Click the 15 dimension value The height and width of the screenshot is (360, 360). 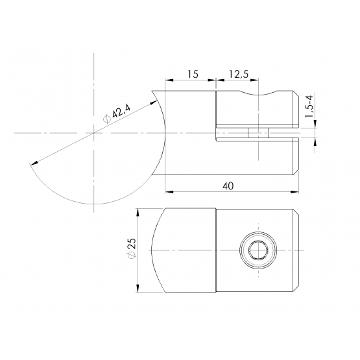pyautogui.click(x=193, y=74)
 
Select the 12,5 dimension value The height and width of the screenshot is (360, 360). pyautogui.click(x=239, y=74)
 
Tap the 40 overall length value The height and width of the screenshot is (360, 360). pyautogui.click(x=228, y=186)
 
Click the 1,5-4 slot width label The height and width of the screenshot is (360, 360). pyautogui.click(x=309, y=106)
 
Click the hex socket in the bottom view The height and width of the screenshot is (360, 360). pyautogui.click(x=258, y=250)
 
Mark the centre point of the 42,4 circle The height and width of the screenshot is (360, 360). pyautogui.click(x=93, y=133)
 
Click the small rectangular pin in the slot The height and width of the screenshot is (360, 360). pyautogui.click(x=258, y=133)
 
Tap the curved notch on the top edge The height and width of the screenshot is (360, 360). pyautogui.click(x=258, y=93)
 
